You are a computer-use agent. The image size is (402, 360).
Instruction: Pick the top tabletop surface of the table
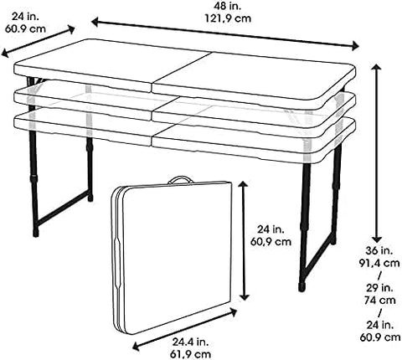(x=184, y=71)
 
